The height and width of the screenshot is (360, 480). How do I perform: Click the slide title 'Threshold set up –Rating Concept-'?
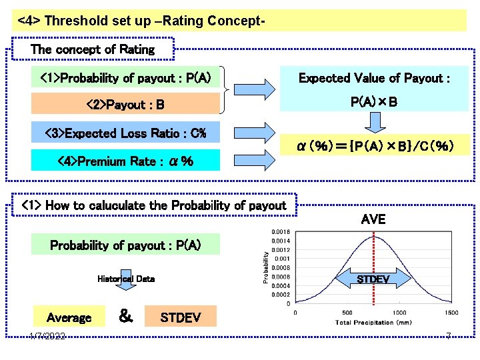142,21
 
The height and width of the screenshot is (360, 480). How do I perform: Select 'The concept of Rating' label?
93,49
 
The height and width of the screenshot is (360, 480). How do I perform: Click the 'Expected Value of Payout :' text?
374,79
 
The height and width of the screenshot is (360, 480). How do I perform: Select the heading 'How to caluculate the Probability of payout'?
154,205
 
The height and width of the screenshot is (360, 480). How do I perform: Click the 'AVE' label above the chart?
373,219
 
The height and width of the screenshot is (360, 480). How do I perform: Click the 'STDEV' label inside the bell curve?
373,279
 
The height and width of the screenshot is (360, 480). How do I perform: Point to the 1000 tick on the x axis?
399,313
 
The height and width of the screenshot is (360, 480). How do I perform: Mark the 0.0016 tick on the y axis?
281,232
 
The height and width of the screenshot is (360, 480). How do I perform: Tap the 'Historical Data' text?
125,279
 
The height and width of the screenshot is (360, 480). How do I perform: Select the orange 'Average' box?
69,317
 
